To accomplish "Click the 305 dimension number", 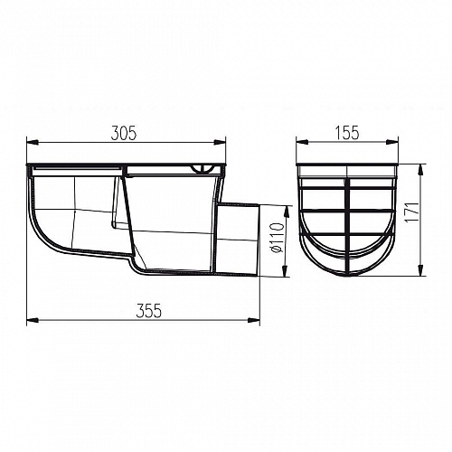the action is click(x=124, y=133).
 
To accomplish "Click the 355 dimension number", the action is click(x=149, y=310).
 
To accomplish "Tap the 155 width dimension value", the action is click(x=347, y=133).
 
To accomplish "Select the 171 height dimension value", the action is click(x=411, y=212).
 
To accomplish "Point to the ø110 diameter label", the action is click(x=277, y=238).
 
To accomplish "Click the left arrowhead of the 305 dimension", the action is click(x=33, y=142).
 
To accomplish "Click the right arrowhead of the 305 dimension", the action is click(x=220, y=142).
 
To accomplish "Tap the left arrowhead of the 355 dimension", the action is click(x=33, y=320).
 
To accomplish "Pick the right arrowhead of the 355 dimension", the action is click(x=254, y=320).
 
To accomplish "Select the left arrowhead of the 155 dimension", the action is click(x=302, y=142).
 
